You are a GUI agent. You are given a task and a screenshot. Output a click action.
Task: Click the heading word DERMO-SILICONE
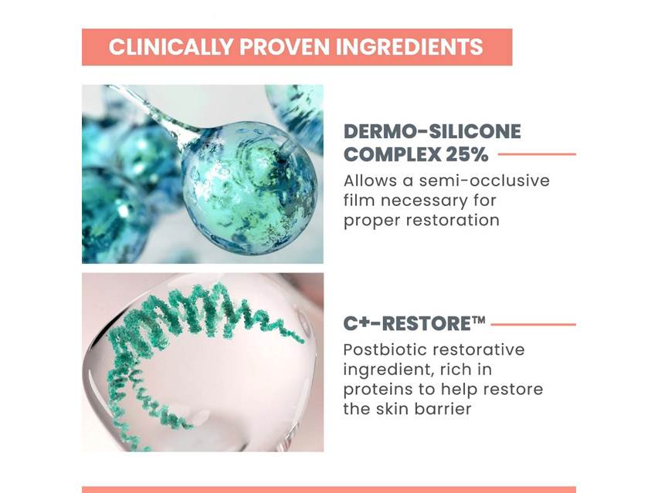point(432,132)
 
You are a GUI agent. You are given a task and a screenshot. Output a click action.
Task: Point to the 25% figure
point(466,154)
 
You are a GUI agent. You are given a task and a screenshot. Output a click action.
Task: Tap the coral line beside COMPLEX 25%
point(537,154)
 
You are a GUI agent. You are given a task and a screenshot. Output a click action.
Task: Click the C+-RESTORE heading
point(408,324)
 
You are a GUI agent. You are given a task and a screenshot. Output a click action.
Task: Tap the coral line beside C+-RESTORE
point(533,324)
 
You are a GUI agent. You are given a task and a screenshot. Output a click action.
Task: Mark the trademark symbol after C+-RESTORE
point(479,319)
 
